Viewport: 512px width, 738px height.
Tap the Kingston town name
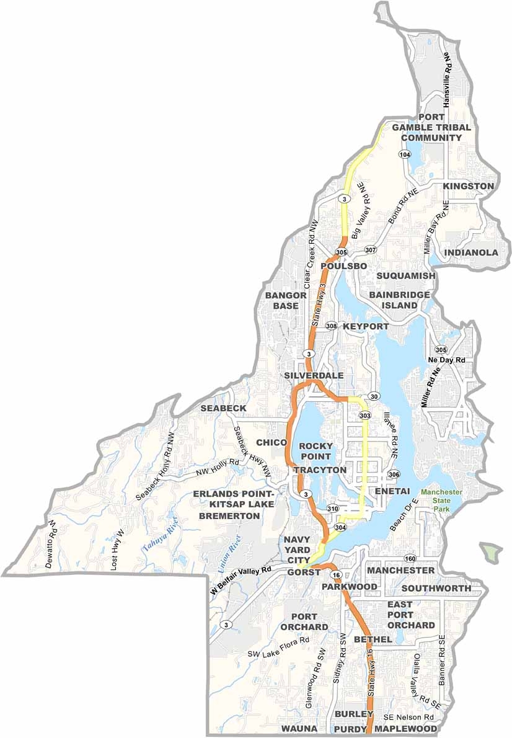468,186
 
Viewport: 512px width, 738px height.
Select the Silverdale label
306,376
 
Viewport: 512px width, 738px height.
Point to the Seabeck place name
223,408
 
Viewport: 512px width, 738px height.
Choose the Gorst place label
304,572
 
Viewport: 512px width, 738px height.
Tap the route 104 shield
405,154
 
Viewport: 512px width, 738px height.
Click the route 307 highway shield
371,250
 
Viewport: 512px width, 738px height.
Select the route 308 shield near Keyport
332,326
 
